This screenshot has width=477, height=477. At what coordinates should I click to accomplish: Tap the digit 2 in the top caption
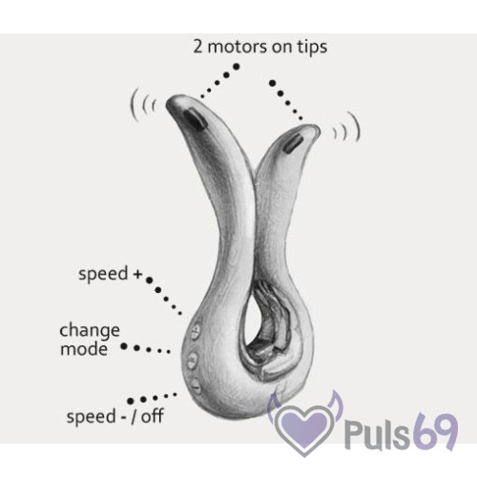point(197,47)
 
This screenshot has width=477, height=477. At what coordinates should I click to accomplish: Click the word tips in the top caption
point(312,47)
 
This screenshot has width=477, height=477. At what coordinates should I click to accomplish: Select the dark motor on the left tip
point(194,118)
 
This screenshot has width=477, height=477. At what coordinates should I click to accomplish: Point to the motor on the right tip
point(293,144)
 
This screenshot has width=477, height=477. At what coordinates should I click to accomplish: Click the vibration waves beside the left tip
point(143,104)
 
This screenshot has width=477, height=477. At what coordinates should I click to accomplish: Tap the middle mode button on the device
point(192,360)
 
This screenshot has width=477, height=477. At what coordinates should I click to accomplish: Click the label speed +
point(110,274)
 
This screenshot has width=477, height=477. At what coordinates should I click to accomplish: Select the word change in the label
point(90,331)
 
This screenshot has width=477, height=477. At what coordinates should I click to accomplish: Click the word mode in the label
point(84,349)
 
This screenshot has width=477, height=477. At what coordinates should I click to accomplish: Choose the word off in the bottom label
point(153,416)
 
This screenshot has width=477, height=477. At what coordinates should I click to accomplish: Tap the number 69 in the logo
point(436,429)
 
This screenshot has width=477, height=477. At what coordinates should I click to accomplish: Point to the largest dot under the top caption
point(237,67)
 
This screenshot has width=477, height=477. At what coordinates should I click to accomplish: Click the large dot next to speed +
point(149,280)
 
